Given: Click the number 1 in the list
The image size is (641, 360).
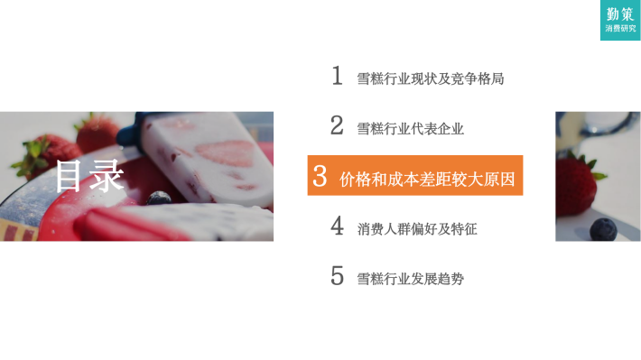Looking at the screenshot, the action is click(338, 76).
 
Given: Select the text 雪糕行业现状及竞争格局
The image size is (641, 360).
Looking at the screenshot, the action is click(431, 78).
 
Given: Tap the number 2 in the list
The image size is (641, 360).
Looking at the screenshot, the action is click(337, 125).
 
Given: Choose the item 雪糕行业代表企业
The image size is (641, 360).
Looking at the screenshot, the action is click(411, 129).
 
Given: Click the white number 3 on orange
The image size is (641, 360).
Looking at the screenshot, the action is click(320, 176).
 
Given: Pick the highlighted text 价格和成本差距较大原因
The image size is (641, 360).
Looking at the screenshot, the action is click(427, 179).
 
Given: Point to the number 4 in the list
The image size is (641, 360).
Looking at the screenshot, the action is click(337, 226).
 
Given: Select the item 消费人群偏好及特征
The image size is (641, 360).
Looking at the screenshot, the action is click(417, 229).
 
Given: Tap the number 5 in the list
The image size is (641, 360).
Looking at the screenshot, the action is click(337, 276).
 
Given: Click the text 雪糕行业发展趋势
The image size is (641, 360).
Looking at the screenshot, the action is click(411, 279).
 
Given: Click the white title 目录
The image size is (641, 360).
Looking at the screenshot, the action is click(89, 176).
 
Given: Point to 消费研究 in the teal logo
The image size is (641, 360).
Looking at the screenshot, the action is click(620, 29).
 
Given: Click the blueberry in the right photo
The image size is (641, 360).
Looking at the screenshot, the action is click(603, 229).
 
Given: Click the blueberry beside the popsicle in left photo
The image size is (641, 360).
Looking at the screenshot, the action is click(159, 198).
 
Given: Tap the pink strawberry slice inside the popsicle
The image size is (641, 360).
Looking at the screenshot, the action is click(226, 152).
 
